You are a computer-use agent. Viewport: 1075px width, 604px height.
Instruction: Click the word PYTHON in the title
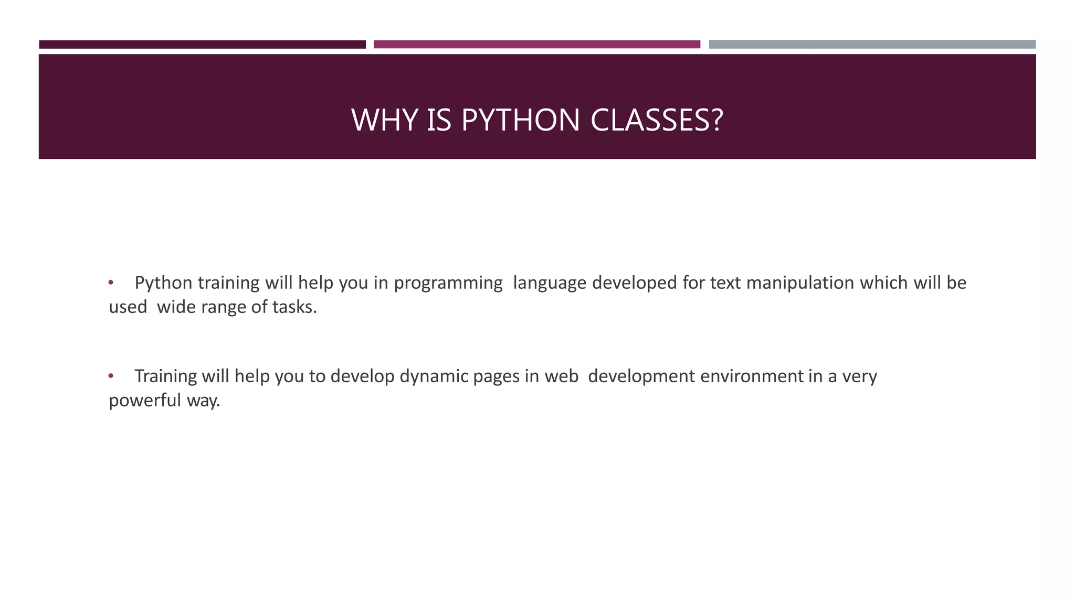pyautogui.click(x=520, y=120)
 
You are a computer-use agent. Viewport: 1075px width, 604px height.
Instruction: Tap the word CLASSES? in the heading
pyautogui.click(x=657, y=120)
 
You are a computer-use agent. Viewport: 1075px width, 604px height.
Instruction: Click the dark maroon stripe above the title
pyautogui.click(x=202, y=45)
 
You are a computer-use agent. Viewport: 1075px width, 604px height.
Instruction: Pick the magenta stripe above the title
pyautogui.click(x=536, y=45)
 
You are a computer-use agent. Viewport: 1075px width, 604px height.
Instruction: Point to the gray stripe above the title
pyautogui.click(x=872, y=45)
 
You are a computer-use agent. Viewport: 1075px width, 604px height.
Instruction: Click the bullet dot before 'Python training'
pyautogui.click(x=111, y=283)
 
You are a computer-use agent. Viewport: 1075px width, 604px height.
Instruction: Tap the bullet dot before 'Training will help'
pyautogui.click(x=111, y=376)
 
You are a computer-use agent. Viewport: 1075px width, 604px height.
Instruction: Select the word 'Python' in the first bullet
pyautogui.click(x=163, y=283)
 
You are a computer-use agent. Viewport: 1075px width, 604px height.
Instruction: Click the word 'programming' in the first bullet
pyautogui.click(x=448, y=283)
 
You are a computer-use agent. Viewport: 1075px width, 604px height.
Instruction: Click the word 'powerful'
pyautogui.click(x=144, y=401)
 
